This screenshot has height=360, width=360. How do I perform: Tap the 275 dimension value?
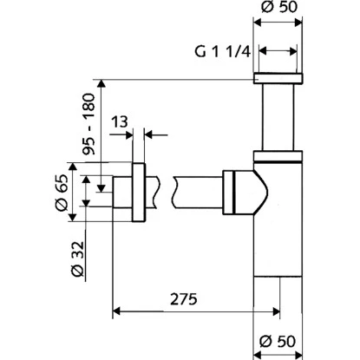[x=180, y=298]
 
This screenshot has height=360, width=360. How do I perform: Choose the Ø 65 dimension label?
[x=61, y=191]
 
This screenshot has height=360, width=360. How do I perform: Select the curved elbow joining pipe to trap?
[x=252, y=187]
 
